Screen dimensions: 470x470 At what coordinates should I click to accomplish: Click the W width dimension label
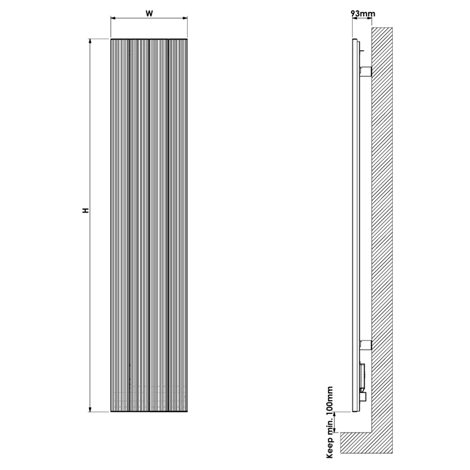[x=149, y=13]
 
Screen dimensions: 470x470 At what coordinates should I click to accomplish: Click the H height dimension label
[x=86, y=210]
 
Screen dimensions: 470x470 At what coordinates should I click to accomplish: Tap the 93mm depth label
[x=363, y=13]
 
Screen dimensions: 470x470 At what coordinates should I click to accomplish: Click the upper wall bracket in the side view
[x=366, y=71]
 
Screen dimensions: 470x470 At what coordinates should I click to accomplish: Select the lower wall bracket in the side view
[x=366, y=345]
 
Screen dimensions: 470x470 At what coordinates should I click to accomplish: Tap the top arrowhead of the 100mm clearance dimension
[x=335, y=414]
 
